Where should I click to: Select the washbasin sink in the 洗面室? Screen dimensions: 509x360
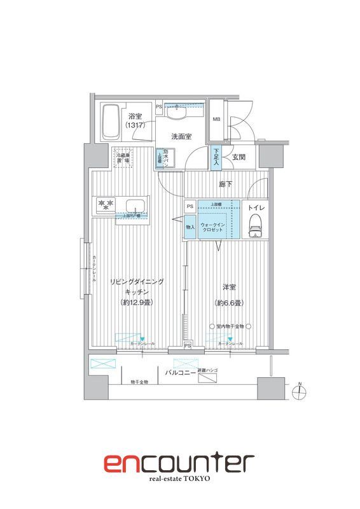point(178,114)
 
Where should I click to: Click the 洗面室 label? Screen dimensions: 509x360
point(182,136)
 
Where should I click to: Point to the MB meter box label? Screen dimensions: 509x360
point(217,119)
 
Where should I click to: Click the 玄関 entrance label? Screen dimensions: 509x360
point(239,157)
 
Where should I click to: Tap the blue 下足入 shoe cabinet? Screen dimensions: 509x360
point(216,157)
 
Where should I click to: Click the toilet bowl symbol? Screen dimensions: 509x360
point(255,225)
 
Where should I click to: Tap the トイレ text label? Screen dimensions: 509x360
point(254,207)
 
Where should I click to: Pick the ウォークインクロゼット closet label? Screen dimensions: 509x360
point(212,227)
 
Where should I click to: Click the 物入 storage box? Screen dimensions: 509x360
point(190,227)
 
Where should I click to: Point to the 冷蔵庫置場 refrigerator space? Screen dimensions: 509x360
point(123,157)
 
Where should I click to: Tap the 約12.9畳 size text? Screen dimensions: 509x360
point(136,302)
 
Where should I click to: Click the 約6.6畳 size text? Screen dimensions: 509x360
point(229,303)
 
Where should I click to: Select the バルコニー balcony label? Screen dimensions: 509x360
point(181,372)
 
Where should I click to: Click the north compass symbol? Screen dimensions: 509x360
point(301,391)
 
